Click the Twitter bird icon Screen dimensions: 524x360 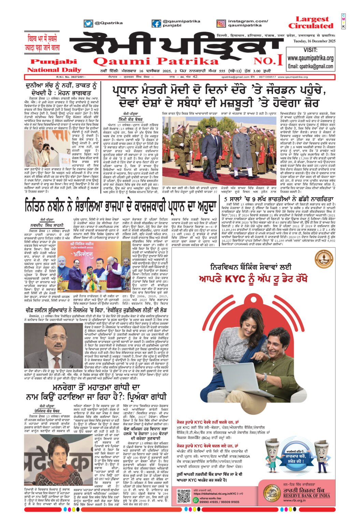pos(88,24)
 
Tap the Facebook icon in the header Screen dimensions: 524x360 pos(156,24)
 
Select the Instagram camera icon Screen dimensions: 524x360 pos(221,24)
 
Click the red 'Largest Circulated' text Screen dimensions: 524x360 pos(311,23)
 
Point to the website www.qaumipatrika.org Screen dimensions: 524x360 pos(310,58)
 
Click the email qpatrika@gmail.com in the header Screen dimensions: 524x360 pos(310,66)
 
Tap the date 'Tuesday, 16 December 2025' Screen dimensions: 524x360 pos(314,41)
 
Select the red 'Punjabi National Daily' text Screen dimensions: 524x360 pos(54,65)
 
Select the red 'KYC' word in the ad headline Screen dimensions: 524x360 pos(232,278)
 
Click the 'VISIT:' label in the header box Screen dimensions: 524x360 pos(310,50)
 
